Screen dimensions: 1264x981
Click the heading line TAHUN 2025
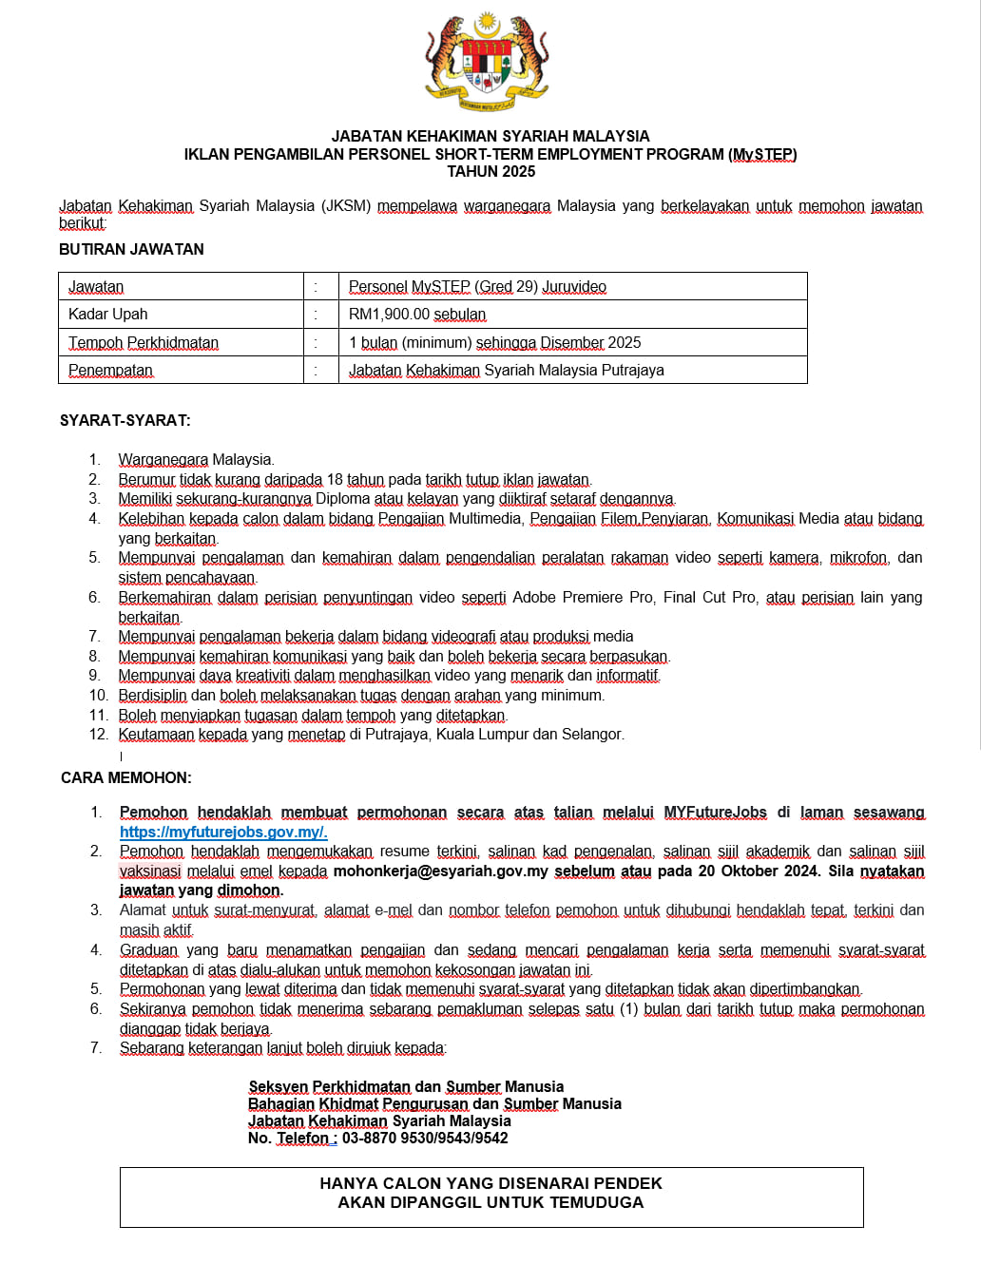[491, 172]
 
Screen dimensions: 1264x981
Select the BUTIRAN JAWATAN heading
[131, 249]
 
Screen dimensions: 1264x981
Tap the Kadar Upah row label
[107, 315]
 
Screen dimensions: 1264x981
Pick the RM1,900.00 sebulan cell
[417, 315]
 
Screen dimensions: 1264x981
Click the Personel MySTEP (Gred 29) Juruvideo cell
[477, 287]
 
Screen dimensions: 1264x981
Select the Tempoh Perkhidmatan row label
[144, 343]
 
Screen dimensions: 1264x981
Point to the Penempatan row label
[110, 371]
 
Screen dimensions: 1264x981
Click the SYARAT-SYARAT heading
[125, 420]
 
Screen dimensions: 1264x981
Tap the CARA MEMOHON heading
[126, 778]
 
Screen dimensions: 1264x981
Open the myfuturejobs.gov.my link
[223, 833]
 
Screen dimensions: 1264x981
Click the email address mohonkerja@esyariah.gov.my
[441, 871]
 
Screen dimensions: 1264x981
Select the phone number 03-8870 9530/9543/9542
[425, 1139]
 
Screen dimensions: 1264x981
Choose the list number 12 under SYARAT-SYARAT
[99, 735]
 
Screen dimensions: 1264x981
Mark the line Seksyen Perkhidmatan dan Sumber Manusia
[406, 1087]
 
